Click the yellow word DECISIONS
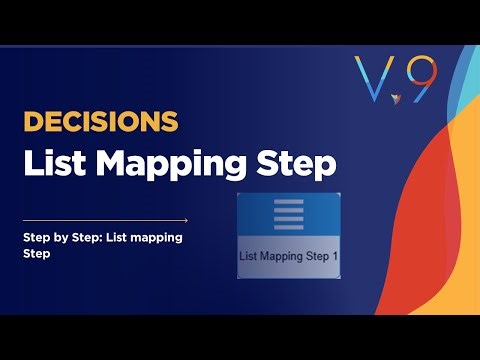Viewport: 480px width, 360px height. tap(100, 121)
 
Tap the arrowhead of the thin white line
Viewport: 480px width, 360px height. tap(185, 220)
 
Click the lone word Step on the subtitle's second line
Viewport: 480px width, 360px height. tap(37, 255)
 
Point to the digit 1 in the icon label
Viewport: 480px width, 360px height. tap(335, 256)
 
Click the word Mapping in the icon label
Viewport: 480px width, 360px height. tap(281, 256)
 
